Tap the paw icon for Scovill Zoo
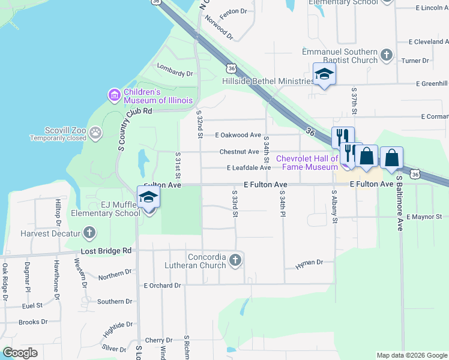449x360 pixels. pyautogui.click(x=95, y=131)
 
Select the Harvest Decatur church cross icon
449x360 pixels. pyautogui.click(x=89, y=232)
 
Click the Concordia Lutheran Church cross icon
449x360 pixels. pyautogui.click(x=235, y=260)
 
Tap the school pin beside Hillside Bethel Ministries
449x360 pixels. pyautogui.click(x=324, y=75)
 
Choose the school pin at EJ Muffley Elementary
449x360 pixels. pyautogui.click(x=148, y=197)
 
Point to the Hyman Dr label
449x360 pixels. pyautogui.click(x=311, y=263)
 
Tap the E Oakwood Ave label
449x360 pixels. pyautogui.click(x=238, y=136)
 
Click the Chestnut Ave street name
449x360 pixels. pyautogui.click(x=239, y=152)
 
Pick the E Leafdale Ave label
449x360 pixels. pyautogui.click(x=249, y=168)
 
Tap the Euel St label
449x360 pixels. pyautogui.click(x=31, y=305)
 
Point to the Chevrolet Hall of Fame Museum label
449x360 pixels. pyautogui.click(x=307, y=163)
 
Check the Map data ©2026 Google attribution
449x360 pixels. pyautogui.click(x=411, y=355)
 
